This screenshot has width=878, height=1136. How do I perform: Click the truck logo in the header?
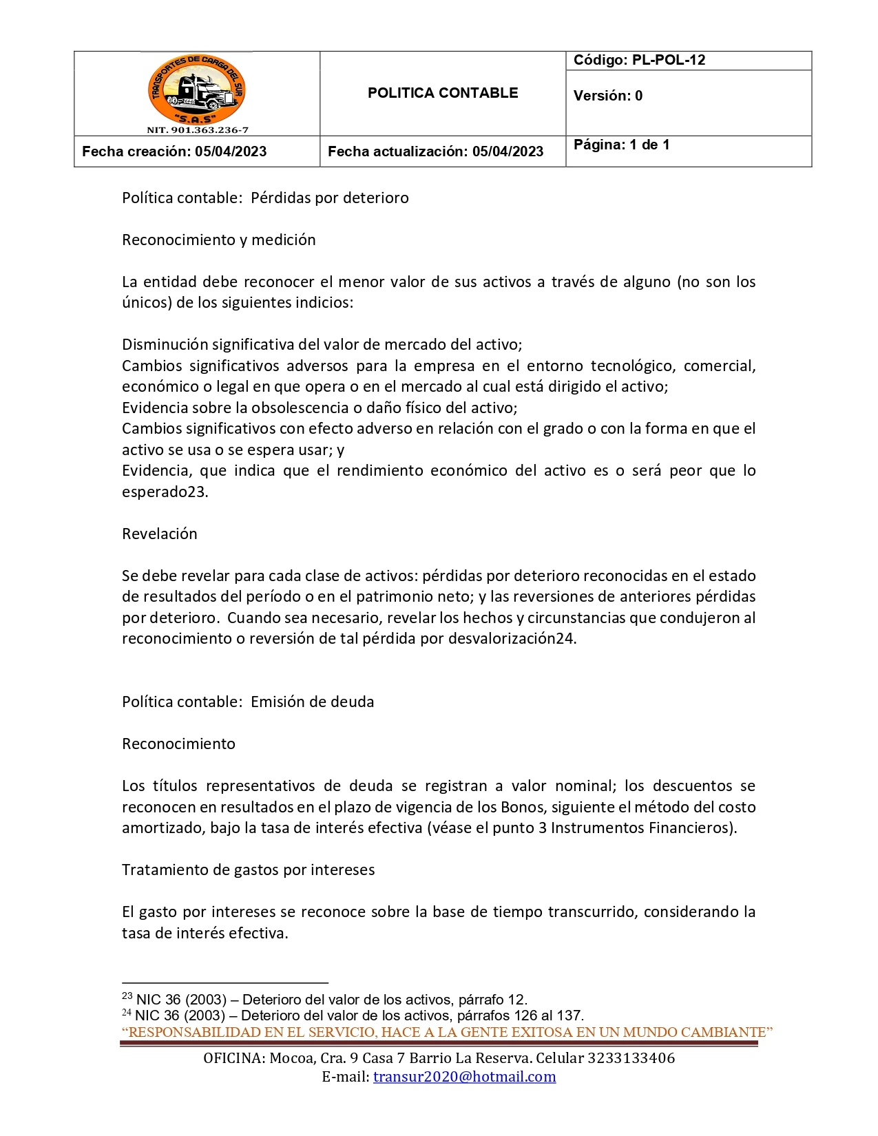point(197,90)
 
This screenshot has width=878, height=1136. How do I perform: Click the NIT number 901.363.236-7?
point(197,129)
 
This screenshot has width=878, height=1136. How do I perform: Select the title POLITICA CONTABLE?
point(443,93)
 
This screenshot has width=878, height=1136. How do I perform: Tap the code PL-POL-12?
point(668,60)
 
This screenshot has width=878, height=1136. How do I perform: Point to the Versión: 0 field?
point(608,96)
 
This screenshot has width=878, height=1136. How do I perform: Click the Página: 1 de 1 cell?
point(621,145)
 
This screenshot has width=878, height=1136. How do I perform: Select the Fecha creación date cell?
point(174,151)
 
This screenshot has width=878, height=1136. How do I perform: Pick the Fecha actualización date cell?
point(435,151)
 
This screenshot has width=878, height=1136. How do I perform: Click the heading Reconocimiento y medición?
point(219,240)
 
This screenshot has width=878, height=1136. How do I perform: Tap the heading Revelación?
point(160,534)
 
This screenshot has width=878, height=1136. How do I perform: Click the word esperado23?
point(165,492)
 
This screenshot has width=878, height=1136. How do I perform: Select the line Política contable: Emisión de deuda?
point(248,702)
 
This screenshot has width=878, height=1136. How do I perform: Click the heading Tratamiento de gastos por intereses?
point(249,870)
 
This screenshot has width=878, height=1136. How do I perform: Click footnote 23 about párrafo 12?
point(324,1000)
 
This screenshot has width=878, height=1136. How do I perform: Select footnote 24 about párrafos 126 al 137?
point(353,1016)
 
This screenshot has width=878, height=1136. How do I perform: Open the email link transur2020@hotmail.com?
point(464,1077)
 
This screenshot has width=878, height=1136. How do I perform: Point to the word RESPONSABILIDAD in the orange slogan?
point(184,1032)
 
